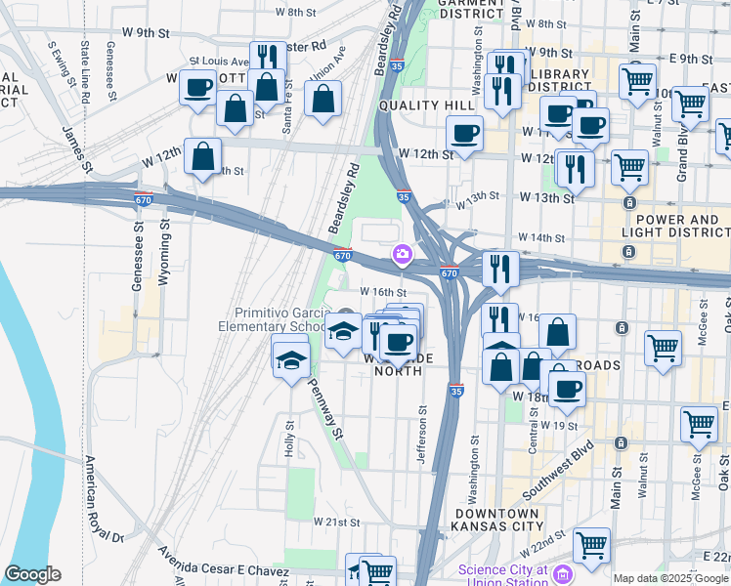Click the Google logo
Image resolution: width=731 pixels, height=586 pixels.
click(32, 574)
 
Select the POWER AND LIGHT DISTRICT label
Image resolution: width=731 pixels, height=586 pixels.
click(673, 227)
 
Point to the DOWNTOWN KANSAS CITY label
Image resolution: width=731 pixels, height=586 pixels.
click(494, 520)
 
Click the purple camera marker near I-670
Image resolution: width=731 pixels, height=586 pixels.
click(401, 255)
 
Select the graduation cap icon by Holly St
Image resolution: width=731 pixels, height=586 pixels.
click(289, 360)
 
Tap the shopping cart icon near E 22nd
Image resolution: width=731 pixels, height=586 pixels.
click(591, 546)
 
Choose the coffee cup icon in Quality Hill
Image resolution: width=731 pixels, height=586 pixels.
click(464, 133)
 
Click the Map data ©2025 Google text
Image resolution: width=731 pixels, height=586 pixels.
click(669, 578)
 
